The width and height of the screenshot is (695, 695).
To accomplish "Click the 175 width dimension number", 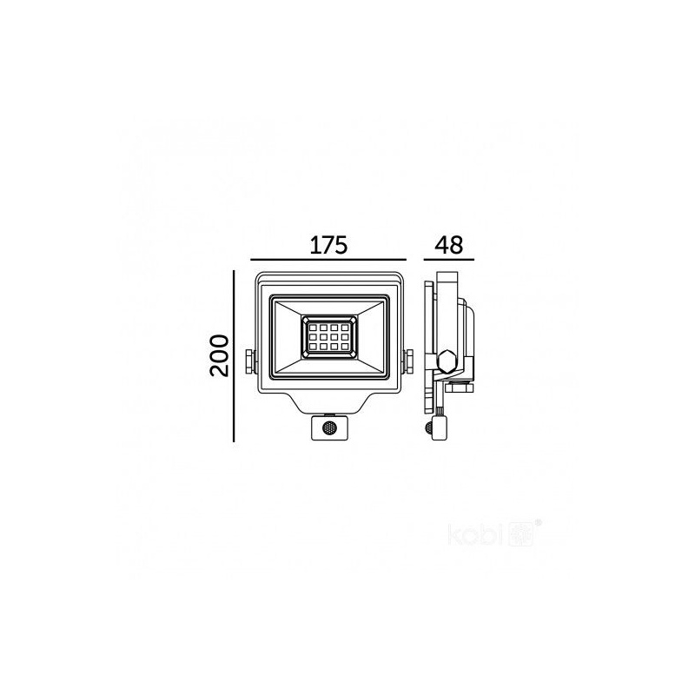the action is tap(328, 245).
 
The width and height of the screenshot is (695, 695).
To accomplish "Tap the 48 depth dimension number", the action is tap(449, 245).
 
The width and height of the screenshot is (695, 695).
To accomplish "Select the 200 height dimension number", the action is tap(220, 355).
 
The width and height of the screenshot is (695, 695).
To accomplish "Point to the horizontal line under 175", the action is tap(328, 260).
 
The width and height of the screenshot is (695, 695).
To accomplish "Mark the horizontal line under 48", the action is tap(449, 260).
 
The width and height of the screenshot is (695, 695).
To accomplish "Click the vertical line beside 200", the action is tap(234, 356).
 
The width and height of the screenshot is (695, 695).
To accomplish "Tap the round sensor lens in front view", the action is tap(329, 428).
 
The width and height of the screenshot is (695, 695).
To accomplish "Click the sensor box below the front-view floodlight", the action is tap(329, 427).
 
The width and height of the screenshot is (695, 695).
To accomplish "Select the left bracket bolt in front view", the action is tap(249, 361).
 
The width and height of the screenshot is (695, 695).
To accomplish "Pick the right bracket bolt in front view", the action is tap(408, 361).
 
